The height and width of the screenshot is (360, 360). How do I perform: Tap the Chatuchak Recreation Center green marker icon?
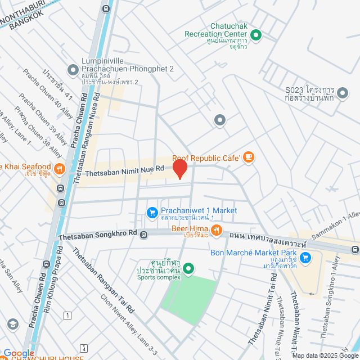click(x=256, y=35)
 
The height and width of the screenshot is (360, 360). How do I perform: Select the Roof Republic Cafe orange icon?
click(x=249, y=158)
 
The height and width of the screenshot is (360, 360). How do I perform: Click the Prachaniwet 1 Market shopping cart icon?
click(x=151, y=212)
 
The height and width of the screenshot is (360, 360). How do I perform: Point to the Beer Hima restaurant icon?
click(x=215, y=229)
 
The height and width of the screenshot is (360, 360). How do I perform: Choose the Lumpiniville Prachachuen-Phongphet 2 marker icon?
click(x=73, y=70)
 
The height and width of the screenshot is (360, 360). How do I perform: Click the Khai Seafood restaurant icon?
click(x=60, y=168)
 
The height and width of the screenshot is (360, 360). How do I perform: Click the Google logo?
click(x=19, y=353)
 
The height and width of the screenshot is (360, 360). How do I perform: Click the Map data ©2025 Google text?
click(x=325, y=355)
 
